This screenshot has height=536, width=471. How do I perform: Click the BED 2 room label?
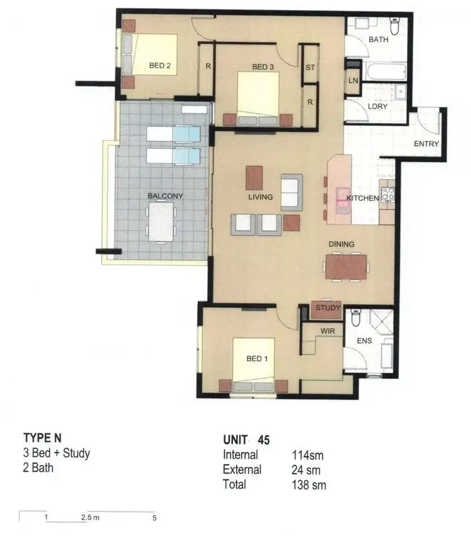161,65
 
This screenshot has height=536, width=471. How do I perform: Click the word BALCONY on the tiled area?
165,196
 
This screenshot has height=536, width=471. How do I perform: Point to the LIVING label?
260,197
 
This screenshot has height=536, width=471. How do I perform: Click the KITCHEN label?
362,198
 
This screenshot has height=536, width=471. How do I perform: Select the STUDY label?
327,308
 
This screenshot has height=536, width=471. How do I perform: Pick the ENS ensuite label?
364,341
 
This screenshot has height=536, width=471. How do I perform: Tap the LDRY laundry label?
378,106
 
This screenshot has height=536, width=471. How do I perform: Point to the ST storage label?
310,67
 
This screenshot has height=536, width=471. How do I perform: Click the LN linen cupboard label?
353,80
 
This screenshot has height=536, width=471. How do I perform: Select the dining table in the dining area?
346,266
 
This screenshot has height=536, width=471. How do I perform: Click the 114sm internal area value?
307,455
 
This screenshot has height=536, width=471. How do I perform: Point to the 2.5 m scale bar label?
90,518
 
